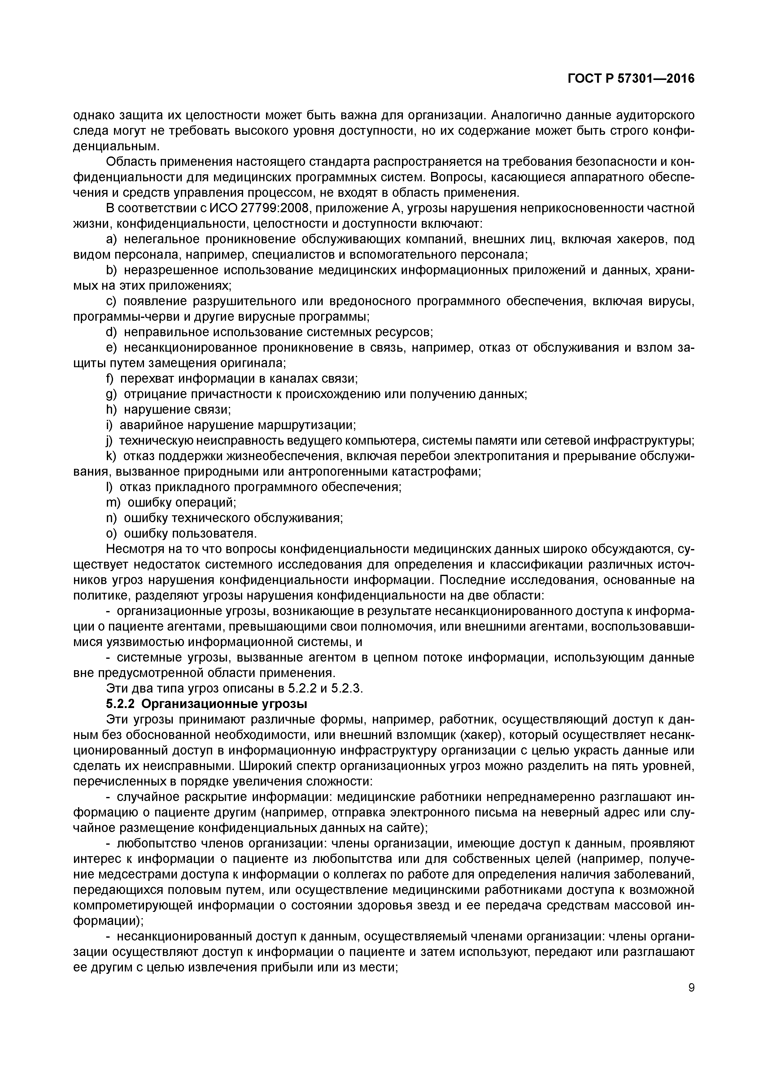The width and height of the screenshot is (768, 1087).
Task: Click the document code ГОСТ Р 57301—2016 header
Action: (631, 79)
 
